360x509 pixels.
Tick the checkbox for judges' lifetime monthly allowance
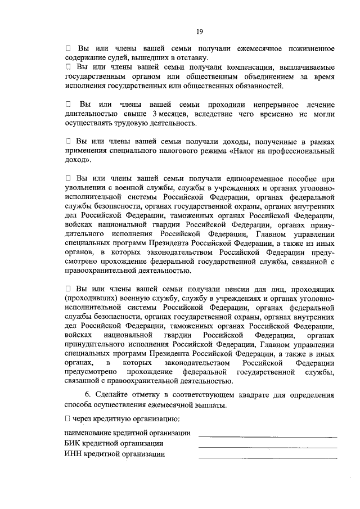click(68, 49)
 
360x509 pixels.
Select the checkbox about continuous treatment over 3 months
click(68, 105)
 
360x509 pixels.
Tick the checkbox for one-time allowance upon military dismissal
click(68, 178)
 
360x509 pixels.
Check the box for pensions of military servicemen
click(68, 289)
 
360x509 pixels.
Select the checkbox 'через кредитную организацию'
click(68, 419)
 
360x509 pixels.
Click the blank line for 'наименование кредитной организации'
click(267, 436)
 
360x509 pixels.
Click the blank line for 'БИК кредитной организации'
click(267, 447)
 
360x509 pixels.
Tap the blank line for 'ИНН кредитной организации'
click(267, 457)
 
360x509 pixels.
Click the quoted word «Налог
click(244, 151)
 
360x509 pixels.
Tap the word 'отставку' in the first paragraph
click(192, 58)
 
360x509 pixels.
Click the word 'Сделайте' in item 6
click(111, 394)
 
